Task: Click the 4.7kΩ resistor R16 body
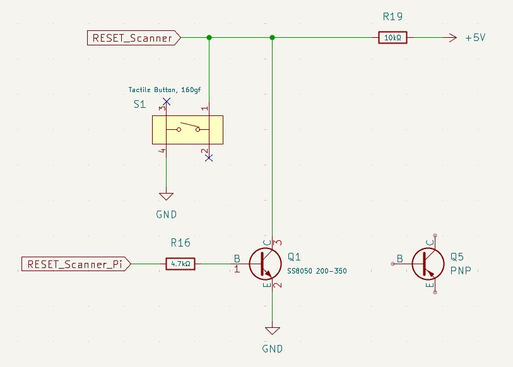tap(180, 264)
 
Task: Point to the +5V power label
tap(475, 38)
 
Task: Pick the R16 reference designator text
tap(180, 243)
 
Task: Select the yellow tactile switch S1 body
tap(187, 129)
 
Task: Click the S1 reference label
tap(140, 105)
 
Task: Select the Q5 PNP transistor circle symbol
tap(429, 264)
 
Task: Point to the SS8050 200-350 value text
tap(317, 271)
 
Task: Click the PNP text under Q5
tap(461, 271)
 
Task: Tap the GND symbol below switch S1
tap(166, 197)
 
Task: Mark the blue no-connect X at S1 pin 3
tap(166, 101)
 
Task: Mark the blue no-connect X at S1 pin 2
tap(209, 158)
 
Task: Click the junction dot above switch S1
tap(209, 38)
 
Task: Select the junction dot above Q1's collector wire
tap(273, 38)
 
